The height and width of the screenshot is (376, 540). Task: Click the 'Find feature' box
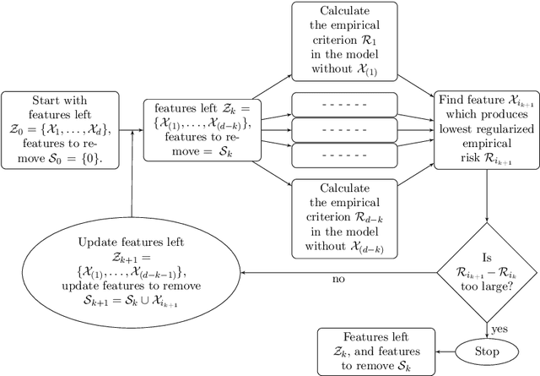(486, 129)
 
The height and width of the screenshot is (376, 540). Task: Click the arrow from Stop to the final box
(441, 351)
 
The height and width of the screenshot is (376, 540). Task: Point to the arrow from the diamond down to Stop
(486, 325)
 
